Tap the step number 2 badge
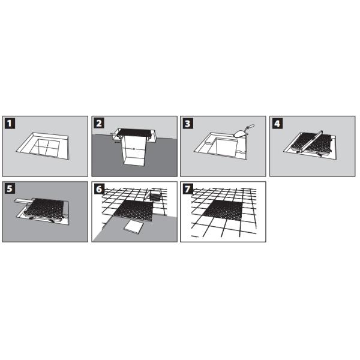click(100, 124)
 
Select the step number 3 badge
click(188, 124)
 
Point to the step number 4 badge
click(277, 124)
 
